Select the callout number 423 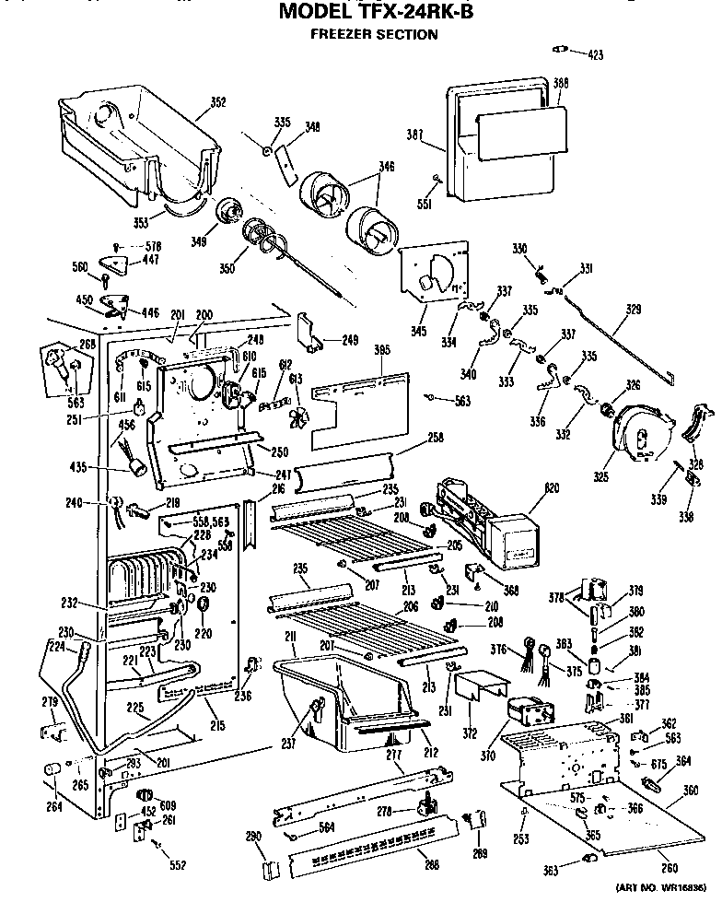click(595, 55)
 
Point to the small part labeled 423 click(559, 47)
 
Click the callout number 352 click(217, 102)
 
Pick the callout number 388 click(560, 84)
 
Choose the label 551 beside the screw click(425, 205)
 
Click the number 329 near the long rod click(634, 310)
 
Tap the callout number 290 click(254, 836)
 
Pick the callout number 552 click(178, 864)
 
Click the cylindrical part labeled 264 click(52, 768)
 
